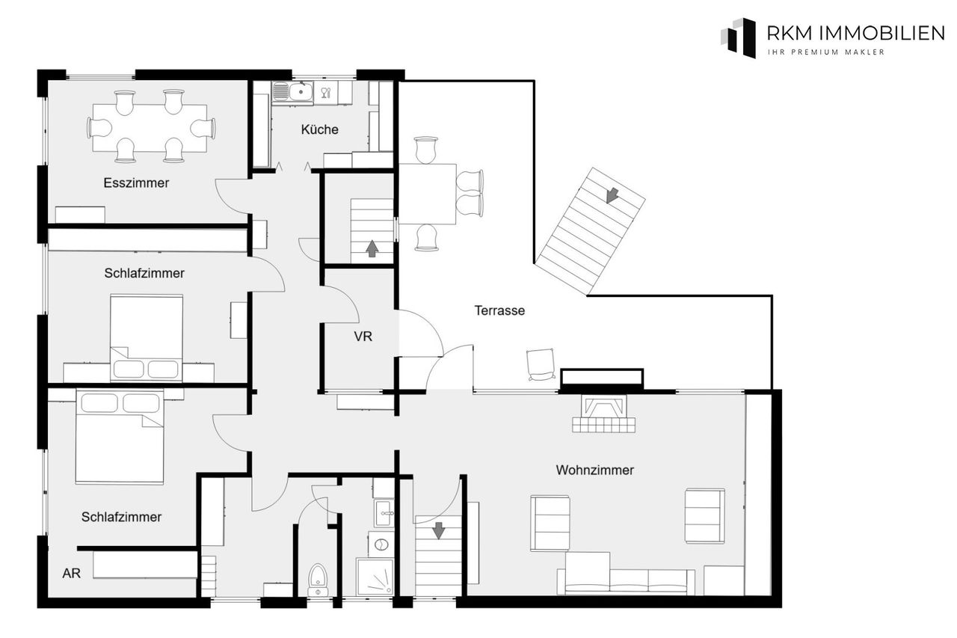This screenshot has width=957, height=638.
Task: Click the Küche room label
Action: click(319, 129)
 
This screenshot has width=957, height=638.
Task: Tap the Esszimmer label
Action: click(136, 183)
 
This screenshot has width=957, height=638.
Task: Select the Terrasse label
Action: click(499, 310)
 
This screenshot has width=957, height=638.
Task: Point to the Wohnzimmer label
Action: click(594, 470)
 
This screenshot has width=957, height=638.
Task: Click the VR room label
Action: click(363, 337)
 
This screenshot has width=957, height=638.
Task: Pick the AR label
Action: click(71, 573)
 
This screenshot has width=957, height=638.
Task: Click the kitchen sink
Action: click(292, 92)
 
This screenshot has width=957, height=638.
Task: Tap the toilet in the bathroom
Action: click(318, 579)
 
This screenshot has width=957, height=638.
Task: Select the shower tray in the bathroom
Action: click(375, 577)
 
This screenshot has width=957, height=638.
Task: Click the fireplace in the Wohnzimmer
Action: click(603, 413)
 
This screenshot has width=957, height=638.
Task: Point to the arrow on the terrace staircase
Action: click(612, 195)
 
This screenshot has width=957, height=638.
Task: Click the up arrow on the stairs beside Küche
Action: click(372, 249)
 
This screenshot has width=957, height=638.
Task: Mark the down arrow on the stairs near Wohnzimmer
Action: click(439, 531)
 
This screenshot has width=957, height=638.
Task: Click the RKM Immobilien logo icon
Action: click(738, 37)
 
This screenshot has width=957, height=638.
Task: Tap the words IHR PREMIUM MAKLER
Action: click(826, 52)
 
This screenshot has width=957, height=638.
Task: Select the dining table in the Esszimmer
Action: click(150, 127)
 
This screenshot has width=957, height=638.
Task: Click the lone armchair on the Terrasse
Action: click(541, 364)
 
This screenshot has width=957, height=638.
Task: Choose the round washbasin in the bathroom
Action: click(381, 545)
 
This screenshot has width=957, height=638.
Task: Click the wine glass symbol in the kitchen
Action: click(326, 93)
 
